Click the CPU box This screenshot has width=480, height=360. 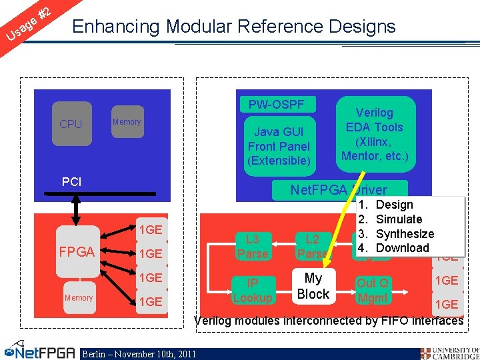point(70,124)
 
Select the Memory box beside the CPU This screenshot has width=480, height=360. point(126,122)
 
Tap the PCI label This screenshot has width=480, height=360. point(71,181)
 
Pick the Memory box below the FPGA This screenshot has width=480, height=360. point(79,297)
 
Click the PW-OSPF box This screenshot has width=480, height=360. point(276,105)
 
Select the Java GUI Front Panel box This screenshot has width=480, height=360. point(279,146)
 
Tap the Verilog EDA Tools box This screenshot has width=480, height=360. point(374,135)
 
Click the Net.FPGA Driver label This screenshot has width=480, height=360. point(338,190)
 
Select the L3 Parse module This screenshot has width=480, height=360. point(253,246)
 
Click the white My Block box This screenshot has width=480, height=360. point(313,286)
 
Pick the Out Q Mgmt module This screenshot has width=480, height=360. point(373,290)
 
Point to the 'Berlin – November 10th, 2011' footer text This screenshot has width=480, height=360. point(139,353)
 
